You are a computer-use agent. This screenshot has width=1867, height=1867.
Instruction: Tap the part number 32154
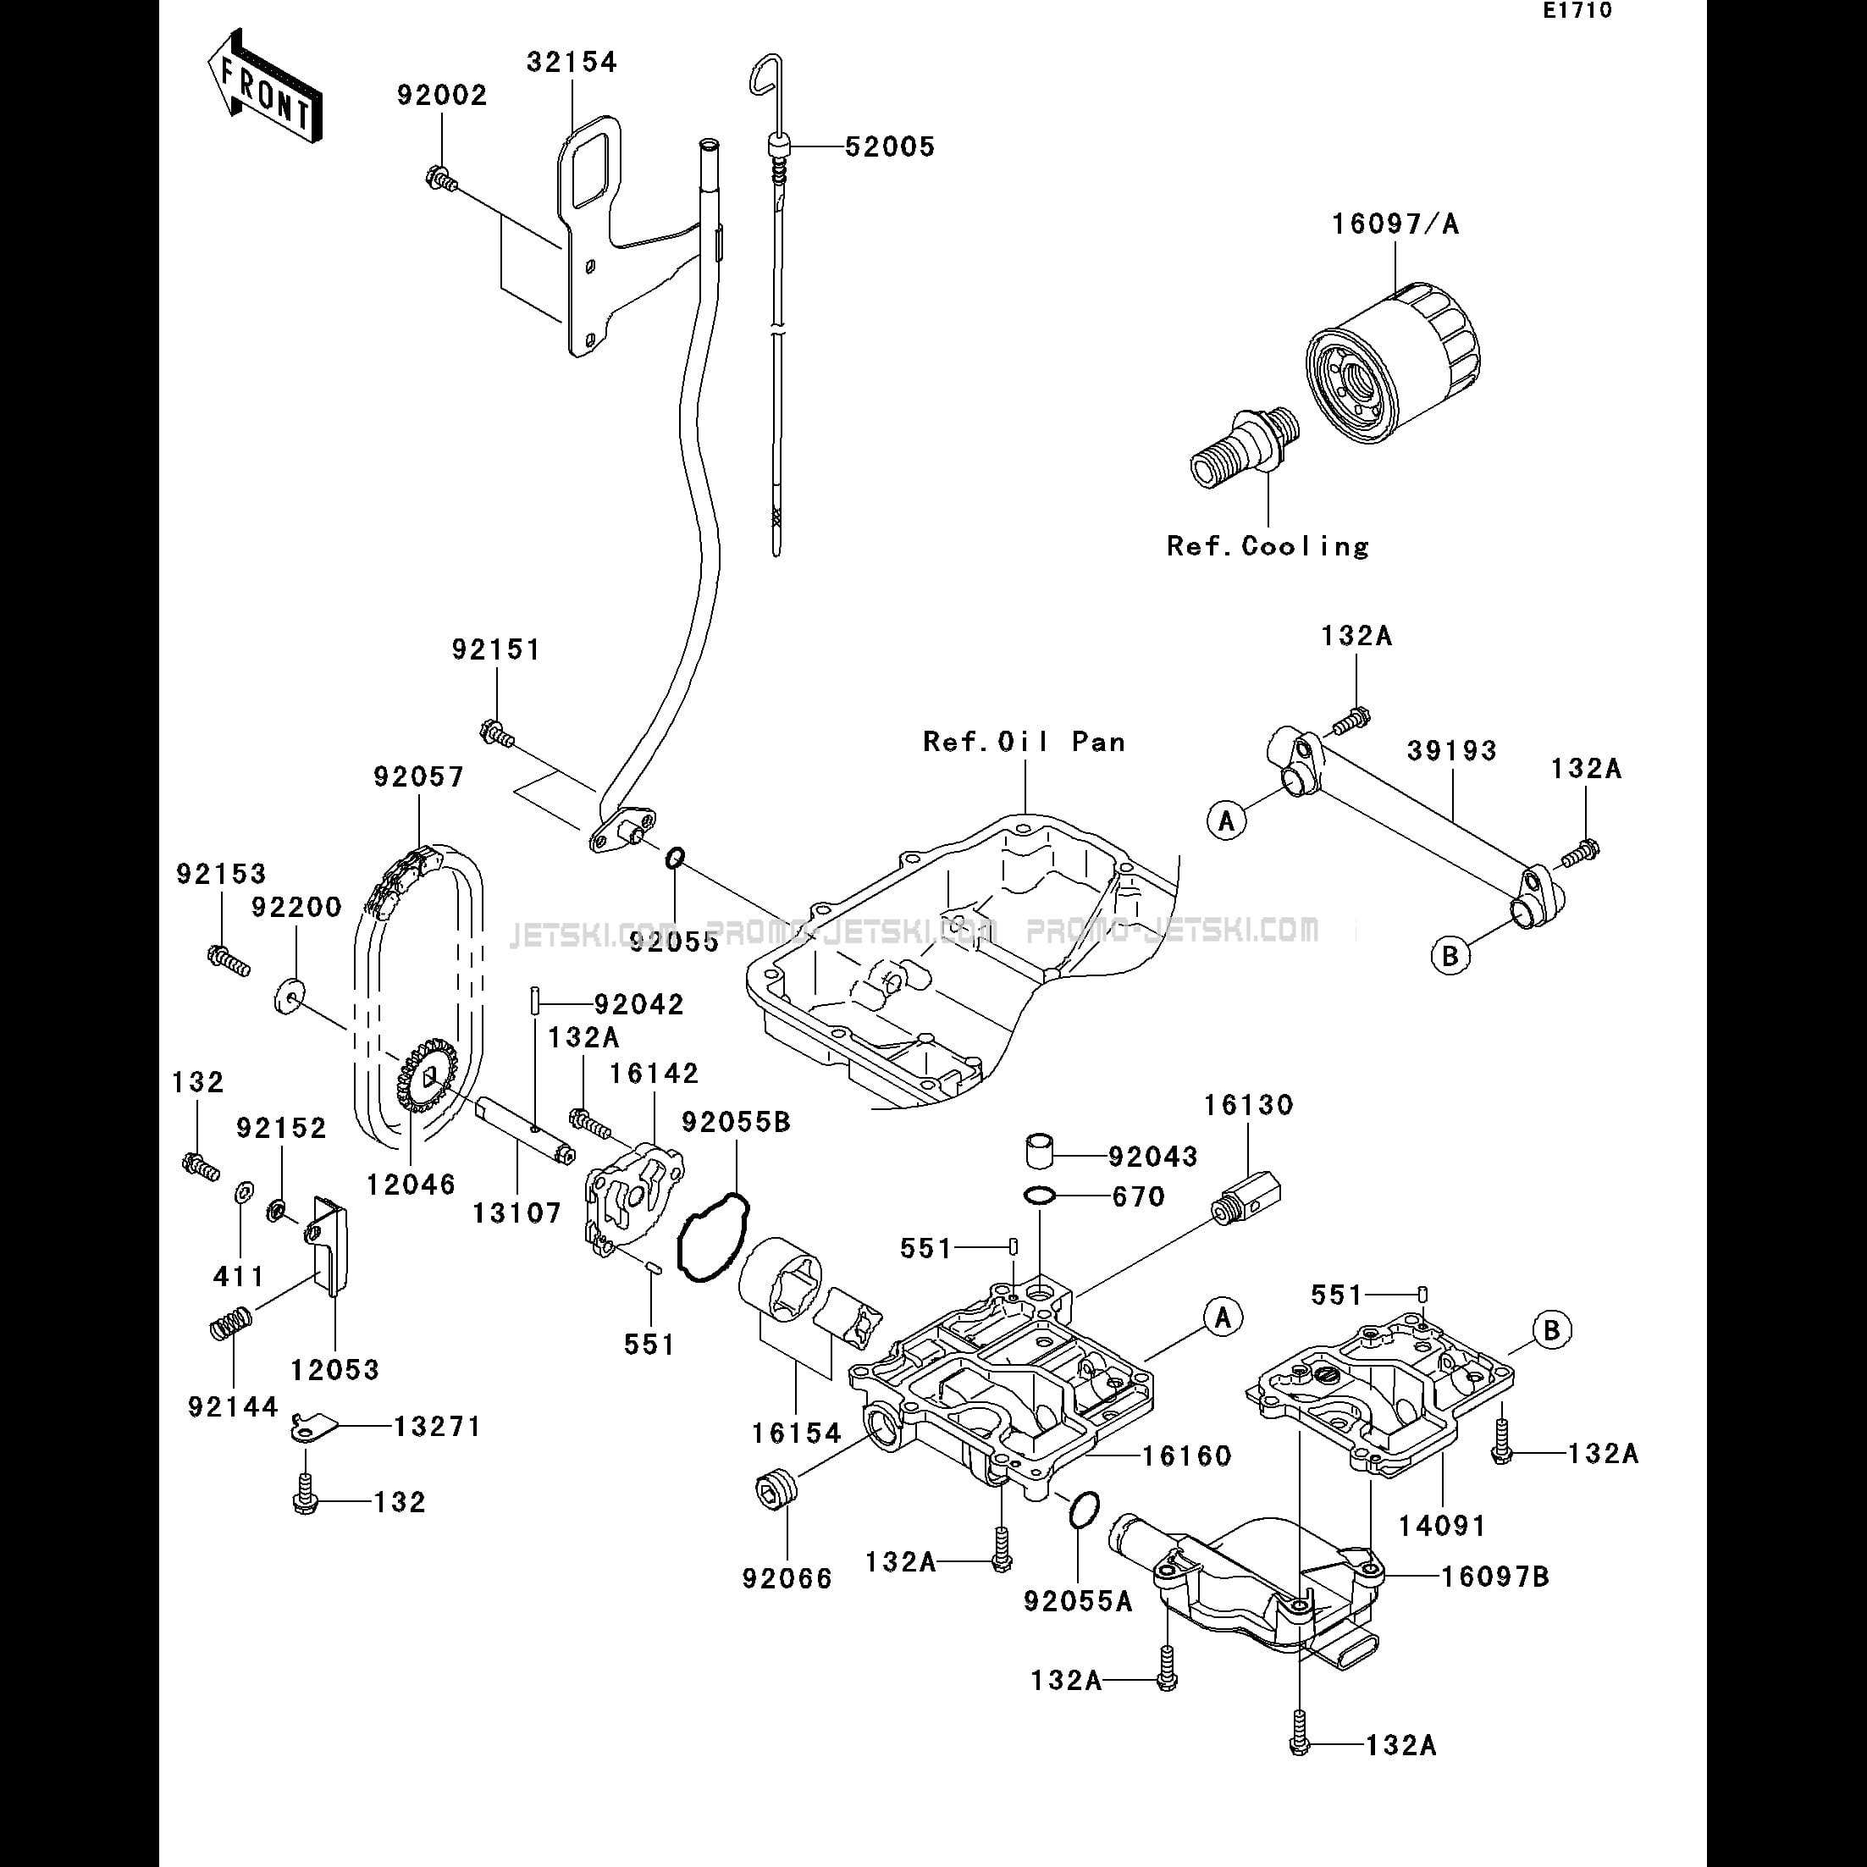pyautogui.click(x=572, y=63)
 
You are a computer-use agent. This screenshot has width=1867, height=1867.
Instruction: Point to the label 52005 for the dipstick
pyautogui.click(x=889, y=146)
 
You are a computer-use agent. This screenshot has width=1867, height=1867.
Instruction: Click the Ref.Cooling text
pyautogui.click(x=1268, y=547)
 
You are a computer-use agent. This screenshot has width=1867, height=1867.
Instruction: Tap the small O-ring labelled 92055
pyautogui.click(x=675, y=857)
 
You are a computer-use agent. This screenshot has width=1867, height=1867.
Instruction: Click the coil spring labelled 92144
pyautogui.click(x=232, y=1323)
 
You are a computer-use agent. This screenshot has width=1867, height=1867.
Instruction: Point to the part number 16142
pyautogui.click(x=654, y=1074)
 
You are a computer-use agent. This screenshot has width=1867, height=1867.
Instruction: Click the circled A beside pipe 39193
pyautogui.click(x=1227, y=820)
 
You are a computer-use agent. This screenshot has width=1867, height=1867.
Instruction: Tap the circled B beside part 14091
pyautogui.click(x=1551, y=1331)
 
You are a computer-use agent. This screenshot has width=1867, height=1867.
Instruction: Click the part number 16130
pyautogui.click(x=1249, y=1106)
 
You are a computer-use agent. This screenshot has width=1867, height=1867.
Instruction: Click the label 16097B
pyautogui.click(x=1495, y=1577)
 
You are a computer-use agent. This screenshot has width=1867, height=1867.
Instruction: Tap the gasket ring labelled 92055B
pyautogui.click(x=713, y=1238)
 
